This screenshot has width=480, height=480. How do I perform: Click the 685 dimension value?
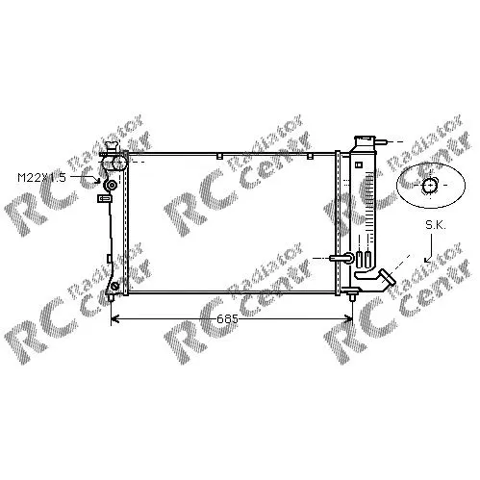[x=227, y=319]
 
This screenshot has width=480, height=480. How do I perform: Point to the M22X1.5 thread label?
[x=41, y=177]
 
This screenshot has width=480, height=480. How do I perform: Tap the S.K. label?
[x=436, y=225]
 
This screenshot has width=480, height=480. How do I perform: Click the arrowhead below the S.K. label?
[x=428, y=259]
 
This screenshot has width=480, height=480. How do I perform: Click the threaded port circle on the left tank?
[x=112, y=185]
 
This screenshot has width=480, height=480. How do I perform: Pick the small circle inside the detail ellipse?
[x=429, y=186]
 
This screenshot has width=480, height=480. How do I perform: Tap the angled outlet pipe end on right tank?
[x=388, y=278]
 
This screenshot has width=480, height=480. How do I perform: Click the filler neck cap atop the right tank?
[x=365, y=140]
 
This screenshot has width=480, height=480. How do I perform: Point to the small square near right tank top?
[x=359, y=164]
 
